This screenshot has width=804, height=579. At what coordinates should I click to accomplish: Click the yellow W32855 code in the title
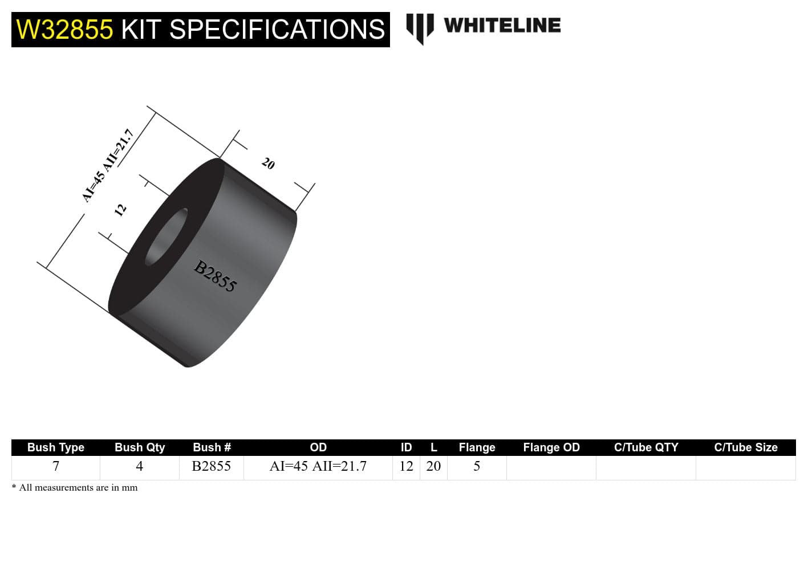[64, 30]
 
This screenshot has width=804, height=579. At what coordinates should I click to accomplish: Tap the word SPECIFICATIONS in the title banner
[277, 30]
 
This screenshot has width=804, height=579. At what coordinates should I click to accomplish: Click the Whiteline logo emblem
[420, 28]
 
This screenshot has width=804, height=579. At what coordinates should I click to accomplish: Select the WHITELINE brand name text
[502, 26]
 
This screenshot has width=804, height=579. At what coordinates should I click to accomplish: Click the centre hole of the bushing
[167, 237]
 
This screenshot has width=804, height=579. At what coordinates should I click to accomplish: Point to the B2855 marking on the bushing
[215, 276]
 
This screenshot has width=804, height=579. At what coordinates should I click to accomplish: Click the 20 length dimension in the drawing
[268, 164]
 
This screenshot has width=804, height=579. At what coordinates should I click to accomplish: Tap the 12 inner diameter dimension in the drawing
[120, 210]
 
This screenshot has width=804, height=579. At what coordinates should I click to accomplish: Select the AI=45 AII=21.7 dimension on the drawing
[108, 165]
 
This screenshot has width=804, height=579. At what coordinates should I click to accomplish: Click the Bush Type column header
[56, 447]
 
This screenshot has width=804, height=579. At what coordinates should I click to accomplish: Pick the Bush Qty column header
[140, 447]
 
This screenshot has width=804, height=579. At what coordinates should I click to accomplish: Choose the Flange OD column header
[551, 447]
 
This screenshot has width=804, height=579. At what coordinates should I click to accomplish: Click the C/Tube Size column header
[746, 447]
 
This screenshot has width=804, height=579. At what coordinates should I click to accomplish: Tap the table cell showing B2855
[212, 466]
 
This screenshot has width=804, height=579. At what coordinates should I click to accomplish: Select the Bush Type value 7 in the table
[56, 466]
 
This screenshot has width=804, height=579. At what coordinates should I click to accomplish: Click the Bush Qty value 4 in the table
[139, 466]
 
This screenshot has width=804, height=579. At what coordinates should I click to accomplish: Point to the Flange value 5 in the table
[477, 466]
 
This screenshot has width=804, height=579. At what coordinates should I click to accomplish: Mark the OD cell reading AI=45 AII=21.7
[318, 466]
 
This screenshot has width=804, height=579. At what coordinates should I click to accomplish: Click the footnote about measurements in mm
[75, 488]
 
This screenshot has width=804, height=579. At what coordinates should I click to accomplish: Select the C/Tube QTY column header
[646, 447]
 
